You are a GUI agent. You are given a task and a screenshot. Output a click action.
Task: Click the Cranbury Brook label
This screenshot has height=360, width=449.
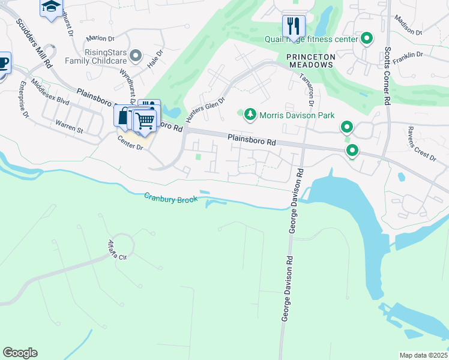[171, 198]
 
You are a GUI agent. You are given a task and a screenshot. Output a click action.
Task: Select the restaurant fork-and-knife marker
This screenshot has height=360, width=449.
[294, 26]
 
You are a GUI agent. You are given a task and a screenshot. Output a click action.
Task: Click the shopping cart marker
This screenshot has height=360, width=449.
[145, 121]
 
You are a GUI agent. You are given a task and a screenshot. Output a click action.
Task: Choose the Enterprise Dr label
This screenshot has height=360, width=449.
[23, 99]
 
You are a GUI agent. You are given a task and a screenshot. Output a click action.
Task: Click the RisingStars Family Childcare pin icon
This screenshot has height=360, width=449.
[137, 56]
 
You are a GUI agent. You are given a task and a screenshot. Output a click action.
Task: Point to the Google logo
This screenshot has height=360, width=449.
[20, 353]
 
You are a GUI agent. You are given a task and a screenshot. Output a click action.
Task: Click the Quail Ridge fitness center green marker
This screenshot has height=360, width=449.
[367, 40]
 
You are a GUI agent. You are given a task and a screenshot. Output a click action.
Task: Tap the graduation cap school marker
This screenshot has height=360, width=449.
[51, 8]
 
